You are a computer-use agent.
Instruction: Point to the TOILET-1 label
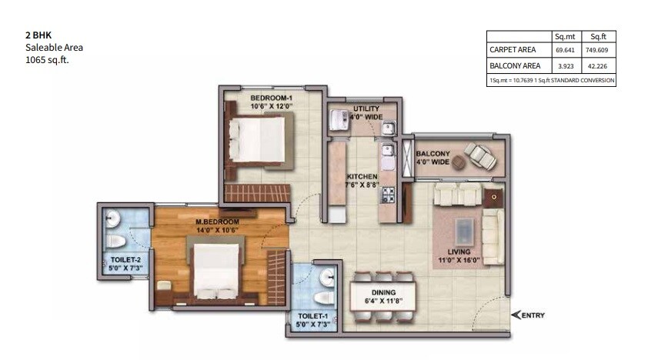[x=307, y=316]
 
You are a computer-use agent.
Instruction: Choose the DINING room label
[x=382, y=292]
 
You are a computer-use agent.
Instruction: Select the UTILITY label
[x=366, y=109]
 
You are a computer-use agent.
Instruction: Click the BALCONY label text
[x=433, y=153]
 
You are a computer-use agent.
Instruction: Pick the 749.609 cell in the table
[x=597, y=50]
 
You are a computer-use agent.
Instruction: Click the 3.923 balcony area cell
[x=565, y=66]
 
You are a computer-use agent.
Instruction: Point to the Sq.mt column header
[x=565, y=36]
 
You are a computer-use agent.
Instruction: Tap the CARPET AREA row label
[x=513, y=50]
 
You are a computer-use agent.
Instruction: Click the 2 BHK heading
[x=36, y=35]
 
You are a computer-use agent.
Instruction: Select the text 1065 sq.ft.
[x=48, y=59]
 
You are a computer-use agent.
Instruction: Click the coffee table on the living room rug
[x=464, y=228]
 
